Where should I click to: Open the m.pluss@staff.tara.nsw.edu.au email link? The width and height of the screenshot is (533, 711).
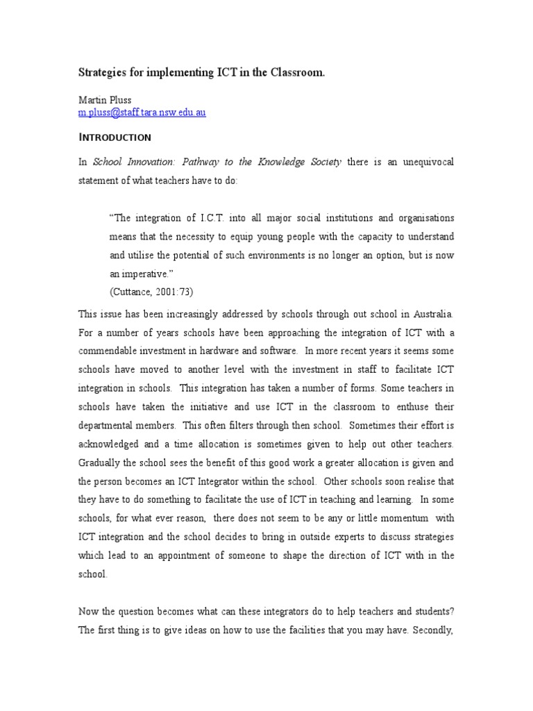coord(141,112)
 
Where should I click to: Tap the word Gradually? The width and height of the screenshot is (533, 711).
coord(100,462)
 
